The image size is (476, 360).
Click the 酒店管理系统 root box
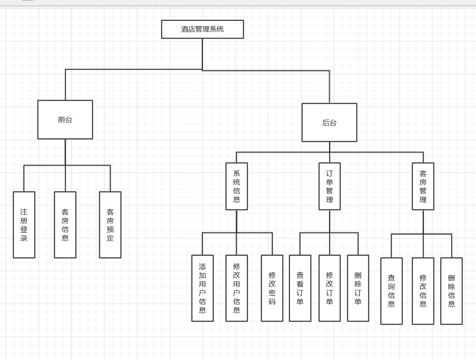coord(202,29)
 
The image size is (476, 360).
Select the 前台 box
coord(65,119)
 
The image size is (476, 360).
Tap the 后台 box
coord(329,122)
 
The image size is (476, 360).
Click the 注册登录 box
coord(24,224)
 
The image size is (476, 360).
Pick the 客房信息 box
coord(65,224)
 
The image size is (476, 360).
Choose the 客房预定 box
coord(110,224)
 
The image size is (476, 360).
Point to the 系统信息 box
coord(237,186)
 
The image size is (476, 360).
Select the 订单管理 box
coord(329,186)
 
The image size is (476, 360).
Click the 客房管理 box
coord(423,186)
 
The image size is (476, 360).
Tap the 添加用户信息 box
coord(203,288)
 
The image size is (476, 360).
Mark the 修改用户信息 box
coord(237,288)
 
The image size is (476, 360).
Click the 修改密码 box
coord(272,288)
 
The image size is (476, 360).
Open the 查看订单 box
coord(300,288)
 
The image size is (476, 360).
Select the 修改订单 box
coord(329,288)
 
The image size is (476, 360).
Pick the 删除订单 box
coord(358,288)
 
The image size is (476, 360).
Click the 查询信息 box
coord(392,291)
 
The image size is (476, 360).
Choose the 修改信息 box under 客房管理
coord(423,291)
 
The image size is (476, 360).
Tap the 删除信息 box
coord(451,291)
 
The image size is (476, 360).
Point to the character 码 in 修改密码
coord(272,301)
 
